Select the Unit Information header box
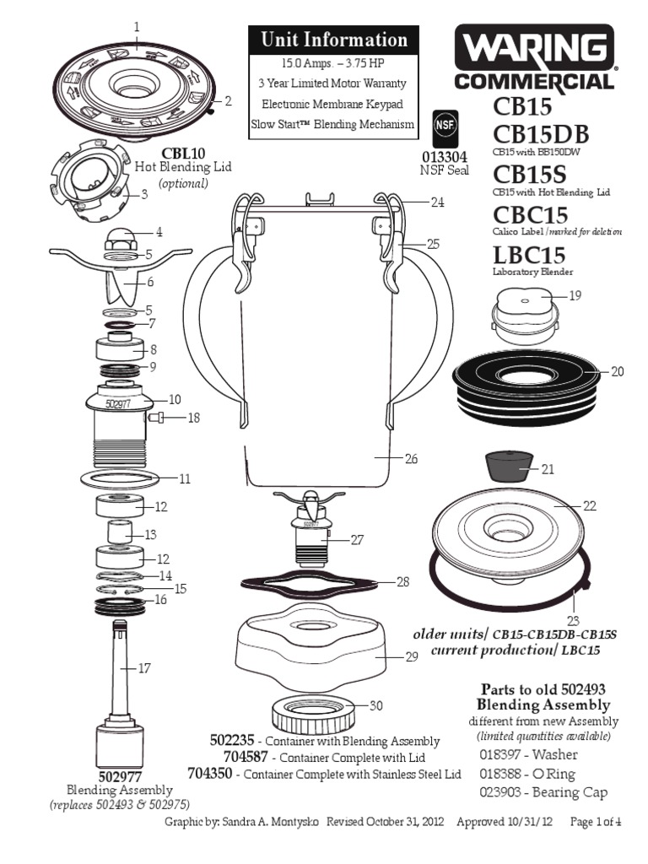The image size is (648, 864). (x=333, y=40)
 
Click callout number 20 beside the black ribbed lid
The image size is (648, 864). (x=617, y=372)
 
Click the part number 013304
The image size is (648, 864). (x=443, y=156)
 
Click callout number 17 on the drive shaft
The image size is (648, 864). (x=144, y=668)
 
